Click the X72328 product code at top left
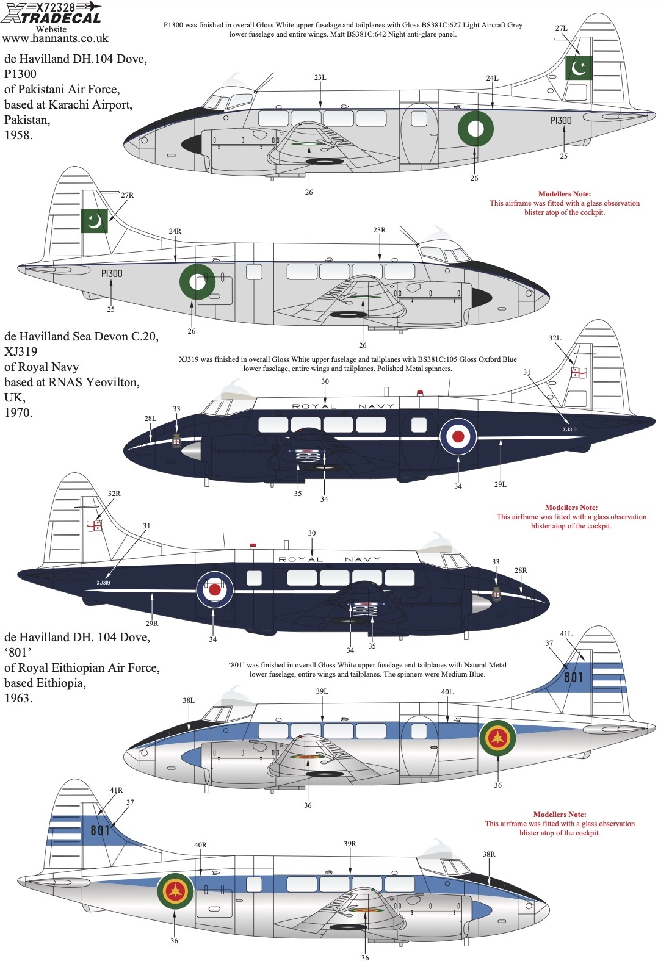(55, 7)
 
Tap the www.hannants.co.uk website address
(56, 38)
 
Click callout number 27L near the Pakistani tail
(562, 28)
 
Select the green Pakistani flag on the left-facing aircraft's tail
(578, 68)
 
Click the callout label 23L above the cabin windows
(320, 77)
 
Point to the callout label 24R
(175, 231)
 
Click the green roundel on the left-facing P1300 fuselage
(475, 128)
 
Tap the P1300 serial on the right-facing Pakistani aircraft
(112, 273)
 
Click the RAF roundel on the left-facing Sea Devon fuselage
(458, 436)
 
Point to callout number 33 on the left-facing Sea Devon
(176, 409)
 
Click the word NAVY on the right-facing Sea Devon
(363, 559)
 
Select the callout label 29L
(501, 484)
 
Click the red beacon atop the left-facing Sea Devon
(420, 393)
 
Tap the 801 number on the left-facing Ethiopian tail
(573, 677)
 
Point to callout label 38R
(489, 854)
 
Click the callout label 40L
(447, 692)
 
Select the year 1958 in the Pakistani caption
(18, 135)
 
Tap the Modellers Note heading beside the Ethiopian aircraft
(560, 814)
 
